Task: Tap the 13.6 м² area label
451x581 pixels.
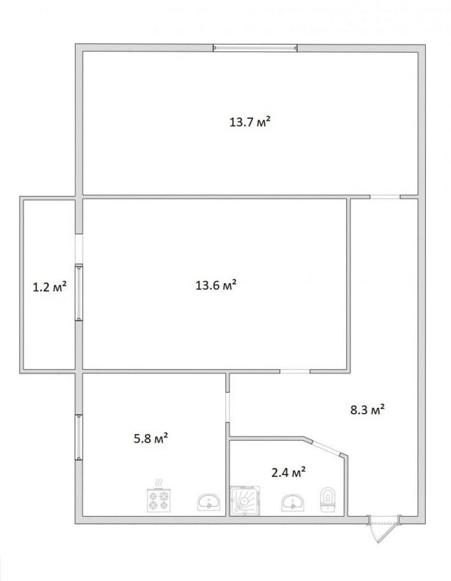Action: [x=216, y=285]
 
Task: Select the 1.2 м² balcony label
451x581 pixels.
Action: [x=49, y=288]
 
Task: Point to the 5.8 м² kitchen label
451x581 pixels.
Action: [x=151, y=439]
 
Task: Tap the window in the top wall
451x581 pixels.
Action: [x=255, y=48]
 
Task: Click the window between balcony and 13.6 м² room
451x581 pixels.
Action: [x=79, y=293]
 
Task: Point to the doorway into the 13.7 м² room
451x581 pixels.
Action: [x=385, y=197]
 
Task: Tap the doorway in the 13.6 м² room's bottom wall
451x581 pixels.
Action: [x=295, y=371]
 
